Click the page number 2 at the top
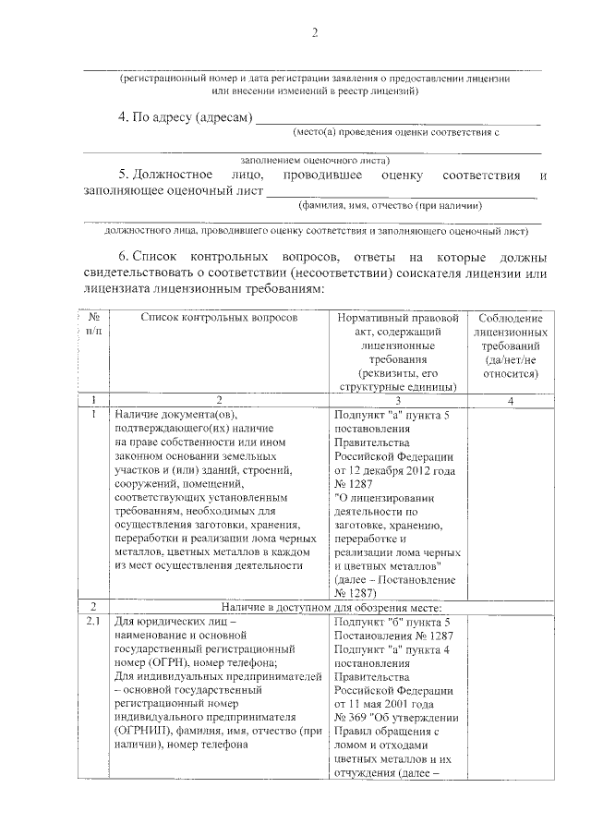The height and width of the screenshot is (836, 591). tap(313, 34)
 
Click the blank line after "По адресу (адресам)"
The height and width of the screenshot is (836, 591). tap(397, 122)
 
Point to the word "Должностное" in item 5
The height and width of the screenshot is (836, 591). tap(173, 175)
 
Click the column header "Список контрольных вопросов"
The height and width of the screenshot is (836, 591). tap(219, 317)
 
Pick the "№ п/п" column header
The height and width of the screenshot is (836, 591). tap(93, 323)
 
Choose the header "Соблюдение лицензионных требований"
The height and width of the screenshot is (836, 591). tap(510, 345)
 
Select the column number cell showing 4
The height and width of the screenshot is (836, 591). tap(510, 400)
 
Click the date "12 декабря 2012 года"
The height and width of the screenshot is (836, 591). tap(398, 470)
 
